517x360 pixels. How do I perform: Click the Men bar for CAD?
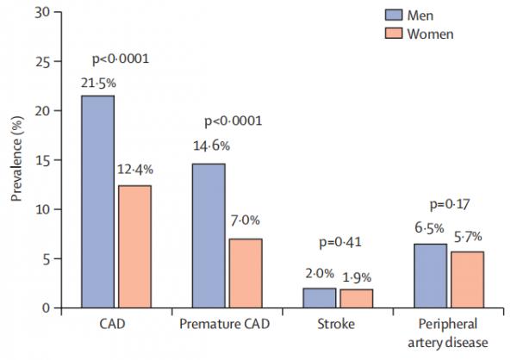click(98, 202)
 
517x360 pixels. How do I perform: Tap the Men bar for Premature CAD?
click(209, 235)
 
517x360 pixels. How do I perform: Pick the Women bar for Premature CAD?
click(245, 273)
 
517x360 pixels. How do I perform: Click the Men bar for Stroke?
click(319, 298)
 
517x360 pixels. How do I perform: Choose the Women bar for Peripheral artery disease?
click(465, 280)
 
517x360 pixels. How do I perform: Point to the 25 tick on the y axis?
click(54, 61)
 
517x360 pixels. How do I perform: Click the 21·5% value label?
click(98, 83)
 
